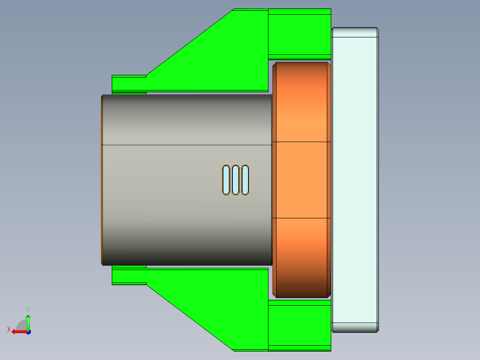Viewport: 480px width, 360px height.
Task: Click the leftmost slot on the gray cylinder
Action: pyautogui.click(x=226, y=180)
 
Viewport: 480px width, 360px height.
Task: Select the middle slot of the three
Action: pyautogui.click(x=236, y=180)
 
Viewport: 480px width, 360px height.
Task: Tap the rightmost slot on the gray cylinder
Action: pyautogui.click(x=245, y=180)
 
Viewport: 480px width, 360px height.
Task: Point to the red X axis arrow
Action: pyautogui.click(x=16, y=331)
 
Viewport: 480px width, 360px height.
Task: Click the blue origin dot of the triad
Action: pyautogui.click(x=28, y=331)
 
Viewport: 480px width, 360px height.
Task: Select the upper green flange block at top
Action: pyautogui.click(x=299, y=33)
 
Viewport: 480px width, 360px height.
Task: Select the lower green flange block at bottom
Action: pyautogui.click(x=299, y=325)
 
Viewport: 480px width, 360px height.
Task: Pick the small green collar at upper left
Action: pyautogui.click(x=129, y=83)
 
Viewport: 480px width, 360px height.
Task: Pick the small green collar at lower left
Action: pyautogui.click(x=129, y=276)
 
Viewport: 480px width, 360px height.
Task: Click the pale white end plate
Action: pyautogui.click(x=355, y=180)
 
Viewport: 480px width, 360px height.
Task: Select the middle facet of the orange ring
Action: pyautogui.click(x=301, y=180)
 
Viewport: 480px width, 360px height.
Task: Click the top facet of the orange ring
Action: pyautogui.click(x=301, y=102)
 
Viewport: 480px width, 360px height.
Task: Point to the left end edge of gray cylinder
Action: pyautogui.click(x=102, y=180)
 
